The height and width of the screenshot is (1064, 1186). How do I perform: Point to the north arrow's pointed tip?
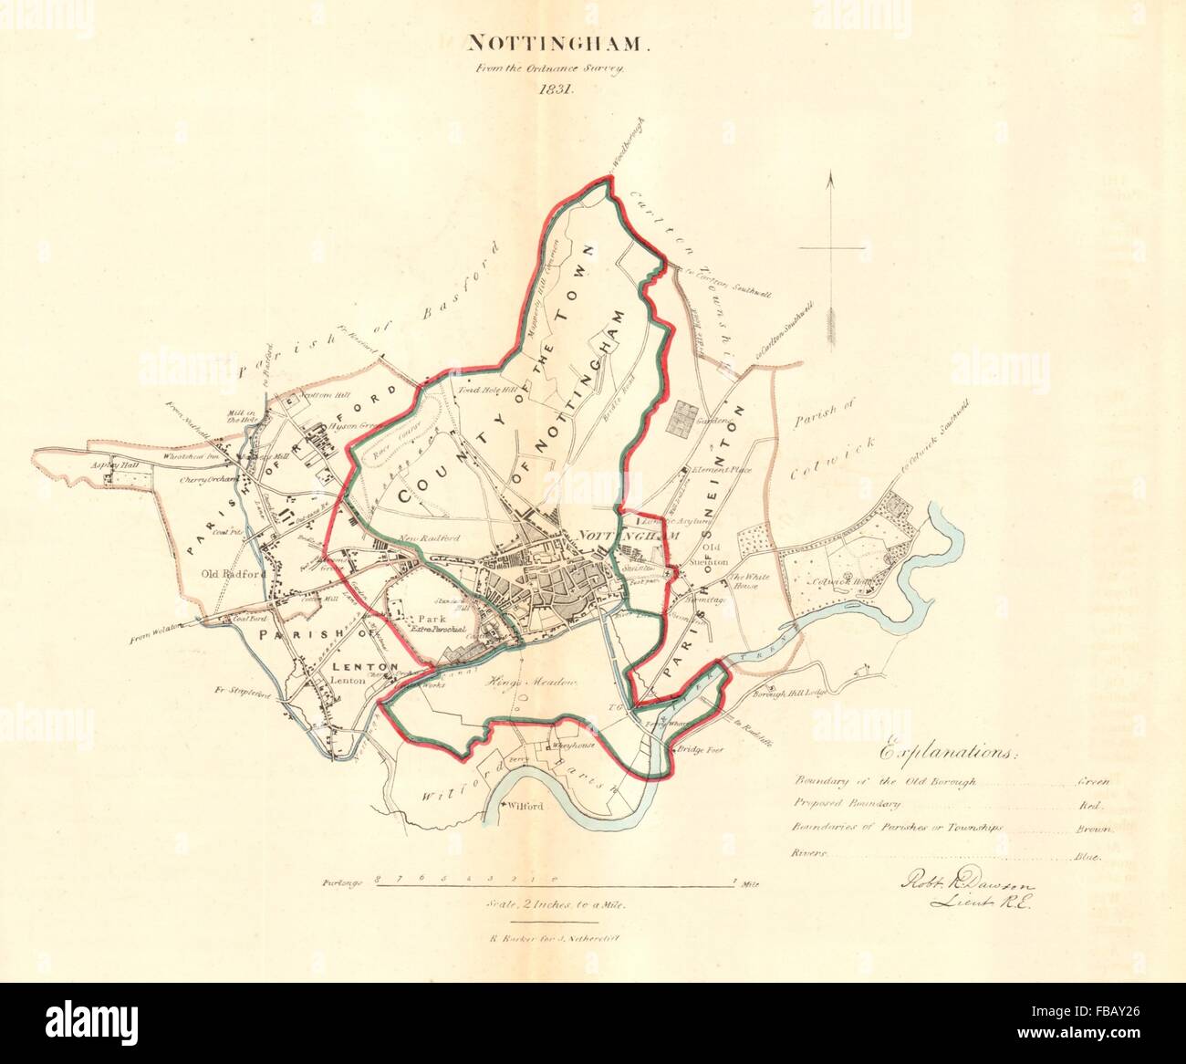(831, 176)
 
